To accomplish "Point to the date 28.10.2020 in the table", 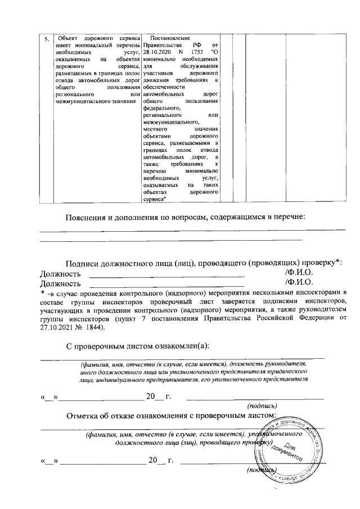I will point(159,51).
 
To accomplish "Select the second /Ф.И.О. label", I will point(299,283).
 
